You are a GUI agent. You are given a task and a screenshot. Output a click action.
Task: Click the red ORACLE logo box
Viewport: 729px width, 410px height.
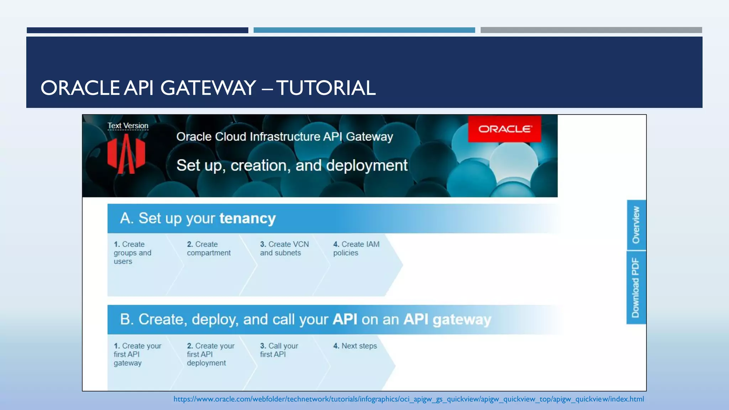point(504,129)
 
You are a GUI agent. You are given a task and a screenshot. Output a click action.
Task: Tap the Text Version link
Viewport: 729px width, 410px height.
point(128,126)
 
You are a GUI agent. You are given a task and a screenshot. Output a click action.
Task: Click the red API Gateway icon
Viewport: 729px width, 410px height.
point(126,154)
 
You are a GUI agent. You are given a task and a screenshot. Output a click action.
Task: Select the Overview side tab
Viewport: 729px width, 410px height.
point(636,225)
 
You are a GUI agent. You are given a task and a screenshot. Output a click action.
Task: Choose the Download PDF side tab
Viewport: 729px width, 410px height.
point(636,288)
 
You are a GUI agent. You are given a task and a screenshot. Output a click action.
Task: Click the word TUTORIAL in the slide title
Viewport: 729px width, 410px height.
point(326,88)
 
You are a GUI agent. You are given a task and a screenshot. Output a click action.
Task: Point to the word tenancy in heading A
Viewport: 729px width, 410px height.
point(247,218)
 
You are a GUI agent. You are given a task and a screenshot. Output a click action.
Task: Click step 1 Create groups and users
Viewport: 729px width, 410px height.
point(132,253)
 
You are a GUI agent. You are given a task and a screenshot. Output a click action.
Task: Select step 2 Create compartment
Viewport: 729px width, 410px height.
point(209,248)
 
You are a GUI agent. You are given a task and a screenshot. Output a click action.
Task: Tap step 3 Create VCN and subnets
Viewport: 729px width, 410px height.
point(284,248)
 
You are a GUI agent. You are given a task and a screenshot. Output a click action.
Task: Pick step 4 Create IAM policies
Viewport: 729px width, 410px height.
point(356,248)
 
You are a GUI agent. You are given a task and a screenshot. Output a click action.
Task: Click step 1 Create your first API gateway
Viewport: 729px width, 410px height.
point(137,354)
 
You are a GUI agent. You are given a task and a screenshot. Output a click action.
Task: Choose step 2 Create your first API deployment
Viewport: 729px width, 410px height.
point(210,354)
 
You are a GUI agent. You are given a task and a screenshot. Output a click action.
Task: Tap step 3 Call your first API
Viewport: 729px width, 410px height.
point(279,350)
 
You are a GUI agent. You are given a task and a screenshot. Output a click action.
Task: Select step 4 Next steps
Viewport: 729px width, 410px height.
point(355,346)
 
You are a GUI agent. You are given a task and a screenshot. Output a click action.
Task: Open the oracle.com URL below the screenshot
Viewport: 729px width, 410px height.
point(409,399)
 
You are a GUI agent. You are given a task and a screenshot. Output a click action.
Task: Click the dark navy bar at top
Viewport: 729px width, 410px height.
point(137,30)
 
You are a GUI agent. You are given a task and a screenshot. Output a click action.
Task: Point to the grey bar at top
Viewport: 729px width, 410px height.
point(591,30)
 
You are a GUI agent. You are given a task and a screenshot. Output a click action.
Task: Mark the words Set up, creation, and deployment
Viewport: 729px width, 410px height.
point(292,165)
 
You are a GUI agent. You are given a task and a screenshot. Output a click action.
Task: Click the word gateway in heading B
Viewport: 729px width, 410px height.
point(462,320)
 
